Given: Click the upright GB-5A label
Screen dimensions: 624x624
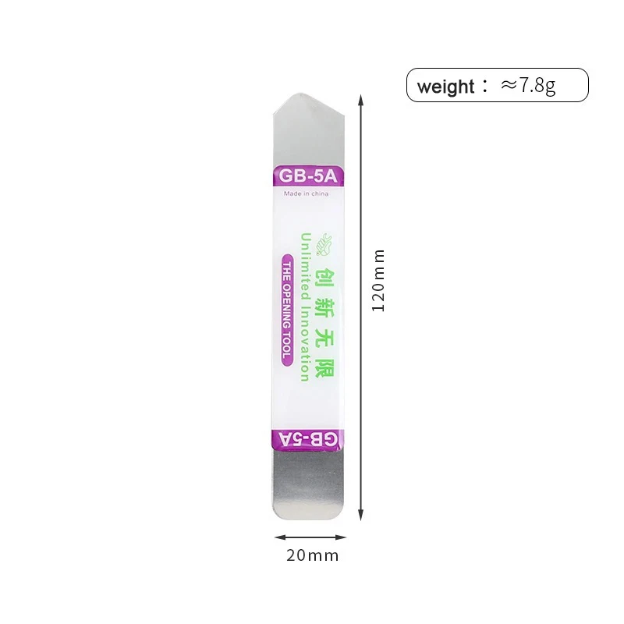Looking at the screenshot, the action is [x=308, y=175].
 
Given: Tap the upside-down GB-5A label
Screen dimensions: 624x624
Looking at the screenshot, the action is [x=308, y=439].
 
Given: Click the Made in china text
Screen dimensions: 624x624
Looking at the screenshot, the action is [x=306, y=193].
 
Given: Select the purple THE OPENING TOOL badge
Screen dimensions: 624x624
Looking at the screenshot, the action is [x=286, y=310].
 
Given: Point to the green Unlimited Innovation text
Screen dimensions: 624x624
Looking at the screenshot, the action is [x=305, y=307].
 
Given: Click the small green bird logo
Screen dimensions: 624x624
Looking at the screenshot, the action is [x=324, y=244].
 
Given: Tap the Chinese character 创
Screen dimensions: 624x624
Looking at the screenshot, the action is [x=324, y=276].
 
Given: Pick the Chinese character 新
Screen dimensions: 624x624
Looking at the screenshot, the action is [x=324, y=307].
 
